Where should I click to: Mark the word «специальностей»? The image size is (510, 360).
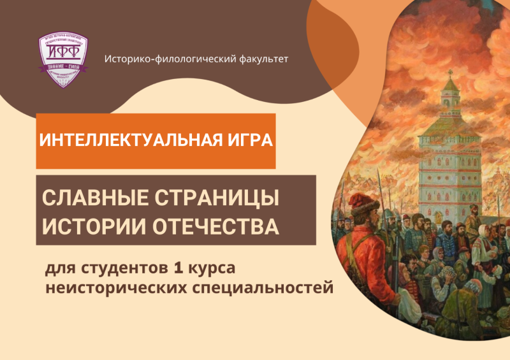(x=263, y=289)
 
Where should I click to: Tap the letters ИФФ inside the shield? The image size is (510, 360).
(x=62, y=52)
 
